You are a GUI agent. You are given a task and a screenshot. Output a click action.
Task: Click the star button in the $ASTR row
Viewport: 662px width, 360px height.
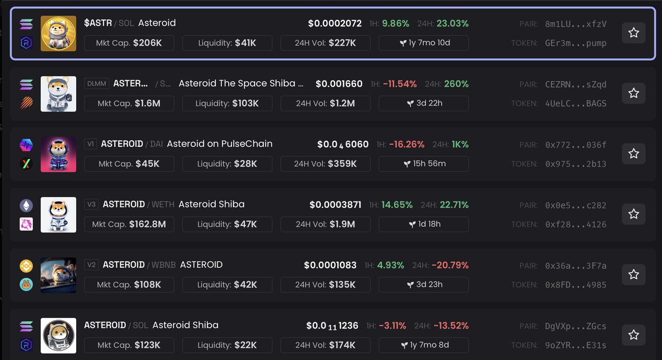633,33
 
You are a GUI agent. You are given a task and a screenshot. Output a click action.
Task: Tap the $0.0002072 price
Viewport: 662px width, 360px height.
335,24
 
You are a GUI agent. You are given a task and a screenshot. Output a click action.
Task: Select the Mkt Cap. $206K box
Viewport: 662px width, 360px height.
129,43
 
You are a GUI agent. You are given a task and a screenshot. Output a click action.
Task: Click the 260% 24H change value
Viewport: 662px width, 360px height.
456,84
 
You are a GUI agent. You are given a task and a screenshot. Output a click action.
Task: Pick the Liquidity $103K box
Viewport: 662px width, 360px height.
227,103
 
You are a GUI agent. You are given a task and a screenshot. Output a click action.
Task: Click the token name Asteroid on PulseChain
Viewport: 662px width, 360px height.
219,144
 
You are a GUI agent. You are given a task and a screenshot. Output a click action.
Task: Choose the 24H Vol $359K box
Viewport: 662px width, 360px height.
325,164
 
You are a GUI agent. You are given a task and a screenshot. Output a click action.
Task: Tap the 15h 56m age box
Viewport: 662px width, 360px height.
423,164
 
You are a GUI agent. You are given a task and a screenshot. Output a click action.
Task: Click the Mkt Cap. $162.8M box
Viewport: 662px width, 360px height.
129,224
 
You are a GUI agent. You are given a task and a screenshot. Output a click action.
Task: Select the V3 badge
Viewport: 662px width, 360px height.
92,204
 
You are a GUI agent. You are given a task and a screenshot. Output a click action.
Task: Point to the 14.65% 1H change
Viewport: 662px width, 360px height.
396,205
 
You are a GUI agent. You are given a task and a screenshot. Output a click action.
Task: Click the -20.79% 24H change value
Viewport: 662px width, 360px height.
449,265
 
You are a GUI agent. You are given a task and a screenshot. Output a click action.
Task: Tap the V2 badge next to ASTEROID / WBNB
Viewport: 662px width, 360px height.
92,265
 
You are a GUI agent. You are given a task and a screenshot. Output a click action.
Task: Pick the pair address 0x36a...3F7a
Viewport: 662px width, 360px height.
575,266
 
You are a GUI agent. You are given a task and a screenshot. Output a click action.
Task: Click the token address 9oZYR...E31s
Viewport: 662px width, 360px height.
575,345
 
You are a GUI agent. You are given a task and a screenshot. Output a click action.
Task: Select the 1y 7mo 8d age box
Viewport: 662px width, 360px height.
423,345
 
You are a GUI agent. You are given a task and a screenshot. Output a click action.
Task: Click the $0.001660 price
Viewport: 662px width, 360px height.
339,84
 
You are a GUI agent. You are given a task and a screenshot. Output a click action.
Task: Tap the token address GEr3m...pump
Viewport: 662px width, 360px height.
575,43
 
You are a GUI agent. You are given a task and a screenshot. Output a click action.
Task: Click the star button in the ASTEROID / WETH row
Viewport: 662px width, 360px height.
633,214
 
